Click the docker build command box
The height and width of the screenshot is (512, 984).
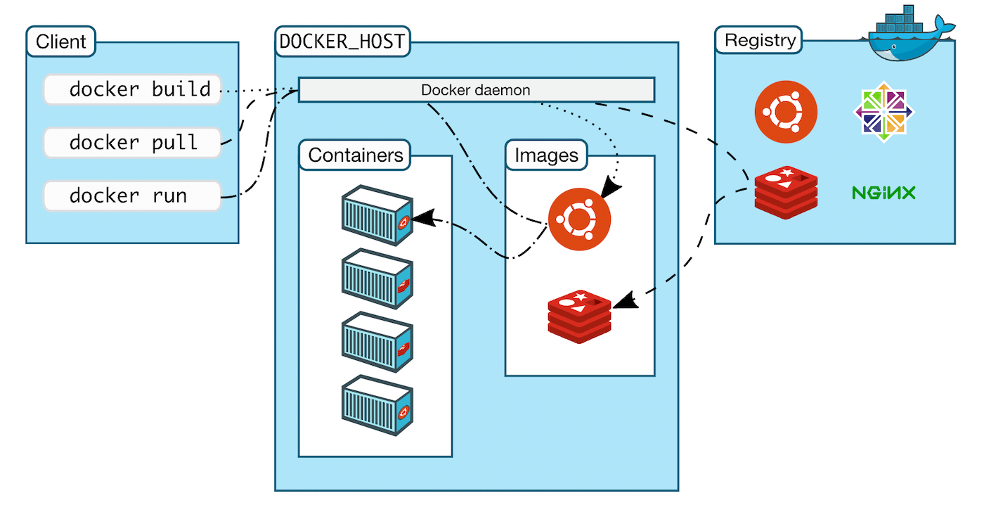132,90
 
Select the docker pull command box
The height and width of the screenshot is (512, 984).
132,143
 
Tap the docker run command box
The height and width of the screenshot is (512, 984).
132,196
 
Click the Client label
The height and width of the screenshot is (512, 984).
61,41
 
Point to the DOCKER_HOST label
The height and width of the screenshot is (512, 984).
342,41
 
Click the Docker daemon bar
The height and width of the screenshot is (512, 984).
476,90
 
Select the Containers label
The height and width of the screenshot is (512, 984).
356,155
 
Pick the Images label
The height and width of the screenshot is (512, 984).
546,155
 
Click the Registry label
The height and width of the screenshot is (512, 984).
759,40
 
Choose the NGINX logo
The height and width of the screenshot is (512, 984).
883,192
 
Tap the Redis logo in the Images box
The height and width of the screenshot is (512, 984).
580,316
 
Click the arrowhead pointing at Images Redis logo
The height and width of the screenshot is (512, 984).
624,302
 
